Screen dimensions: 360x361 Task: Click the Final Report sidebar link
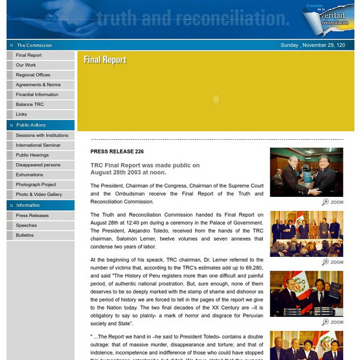(29, 55)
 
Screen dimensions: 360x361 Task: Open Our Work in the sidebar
(26, 65)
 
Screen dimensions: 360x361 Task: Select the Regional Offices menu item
(33, 75)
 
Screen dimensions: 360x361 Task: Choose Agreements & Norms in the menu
(38, 85)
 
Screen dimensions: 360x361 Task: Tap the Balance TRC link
(30, 104)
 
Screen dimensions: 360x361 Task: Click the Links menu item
(22, 114)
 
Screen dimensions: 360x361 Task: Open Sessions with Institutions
(42, 136)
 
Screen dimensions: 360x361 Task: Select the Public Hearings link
(32, 155)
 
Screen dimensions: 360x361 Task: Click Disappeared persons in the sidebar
(38, 165)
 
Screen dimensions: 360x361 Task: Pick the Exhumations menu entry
(29, 175)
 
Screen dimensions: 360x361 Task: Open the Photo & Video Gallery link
(39, 194)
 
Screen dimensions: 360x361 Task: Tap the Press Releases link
(32, 215)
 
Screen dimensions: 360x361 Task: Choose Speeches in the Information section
(26, 226)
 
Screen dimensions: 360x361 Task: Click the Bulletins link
(25, 235)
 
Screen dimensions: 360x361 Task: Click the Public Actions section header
(31, 125)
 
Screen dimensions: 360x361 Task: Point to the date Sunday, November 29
(312, 45)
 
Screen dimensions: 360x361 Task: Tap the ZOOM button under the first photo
(333, 202)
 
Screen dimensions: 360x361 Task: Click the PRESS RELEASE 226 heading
(117, 152)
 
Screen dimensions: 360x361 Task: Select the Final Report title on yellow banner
(105, 59)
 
